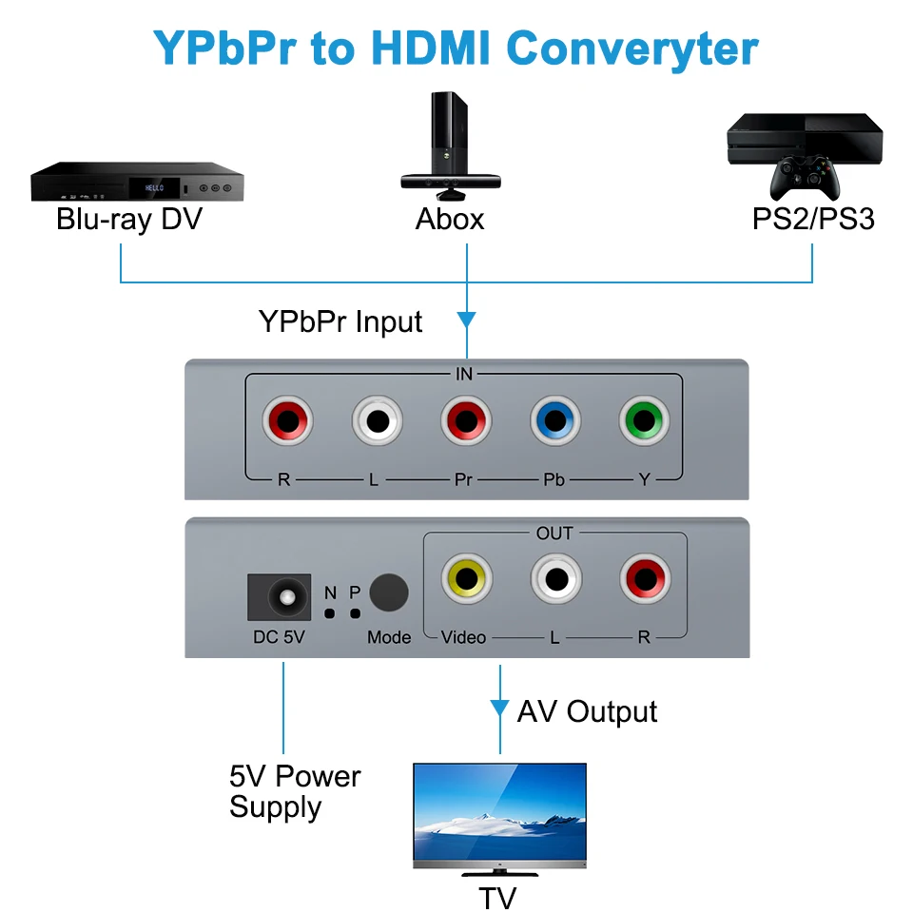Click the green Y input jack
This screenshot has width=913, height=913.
pyautogui.click(x=644, y=419)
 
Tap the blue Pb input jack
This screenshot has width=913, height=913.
pyautogui.click(x=554, y=419)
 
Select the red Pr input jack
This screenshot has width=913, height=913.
pyautogui.click(x=465, y=419)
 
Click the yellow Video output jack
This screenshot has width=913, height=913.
pyautogui.click(x=466, y=577)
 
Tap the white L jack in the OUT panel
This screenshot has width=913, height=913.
pyautogui.click(x=555, y=577)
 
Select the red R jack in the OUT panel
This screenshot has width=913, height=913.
pyautogui.click(x=645, y=577)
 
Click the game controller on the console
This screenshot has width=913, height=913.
pyautogui.click(x=804, y=176)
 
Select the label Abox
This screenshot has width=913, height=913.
pyautogui.click(x=450, y=220)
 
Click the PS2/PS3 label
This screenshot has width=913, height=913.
pyautogui.click(x=813, y=220)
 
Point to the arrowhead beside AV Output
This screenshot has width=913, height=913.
pyautogui.click(x=499, y=709)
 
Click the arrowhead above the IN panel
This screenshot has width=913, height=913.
pyautogui.click(x=466, y=319)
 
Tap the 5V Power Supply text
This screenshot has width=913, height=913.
pyautogui.click(x=295, y=791)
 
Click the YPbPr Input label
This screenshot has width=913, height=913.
pyautogui.click(x=340, y=321)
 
